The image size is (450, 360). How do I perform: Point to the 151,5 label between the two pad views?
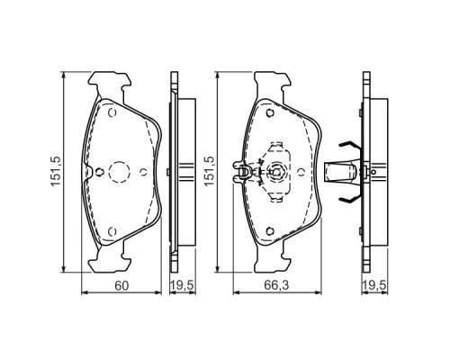[x=210, y=171]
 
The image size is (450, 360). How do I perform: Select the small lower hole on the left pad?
[x=111, y=232]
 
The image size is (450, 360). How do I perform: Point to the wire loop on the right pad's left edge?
[x=240, y=170]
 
